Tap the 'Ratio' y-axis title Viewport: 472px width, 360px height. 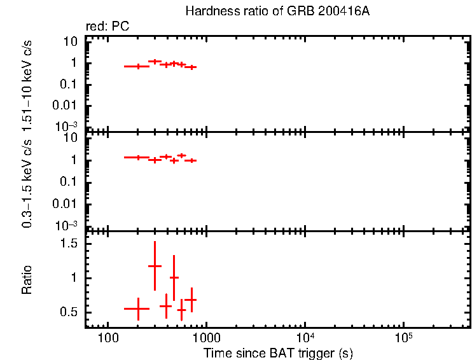click(27, 279)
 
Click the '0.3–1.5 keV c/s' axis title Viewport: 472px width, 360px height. click(27, 181)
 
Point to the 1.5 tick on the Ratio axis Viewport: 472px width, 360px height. click(69, 244)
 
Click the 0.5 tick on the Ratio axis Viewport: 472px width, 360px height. click(69, 312)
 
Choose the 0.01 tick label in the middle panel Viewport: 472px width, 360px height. click(66, 204)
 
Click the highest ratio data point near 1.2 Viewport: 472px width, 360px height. click(155, 266)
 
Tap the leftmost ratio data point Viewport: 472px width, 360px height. click(137, 308)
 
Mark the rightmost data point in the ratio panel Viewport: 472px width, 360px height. click(190, 300)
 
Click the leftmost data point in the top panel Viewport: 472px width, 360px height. click(137, 66)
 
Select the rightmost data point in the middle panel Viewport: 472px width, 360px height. click(190, 160)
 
